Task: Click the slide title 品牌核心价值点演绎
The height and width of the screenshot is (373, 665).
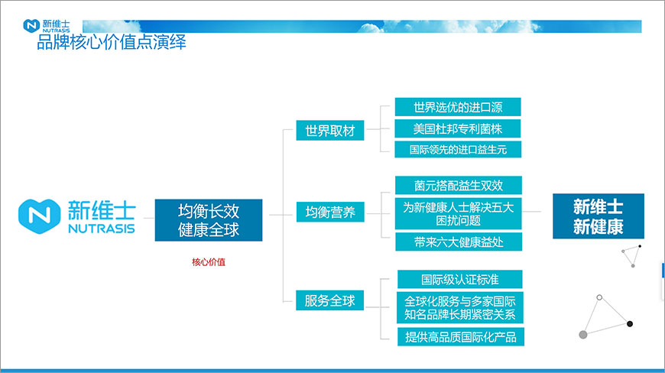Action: point(112,43)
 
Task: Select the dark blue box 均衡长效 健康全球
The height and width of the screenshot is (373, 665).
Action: point(209,220)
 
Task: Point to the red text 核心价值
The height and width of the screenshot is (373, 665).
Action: point(209,262)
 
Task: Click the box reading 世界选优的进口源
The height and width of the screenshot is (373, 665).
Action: point(457,106)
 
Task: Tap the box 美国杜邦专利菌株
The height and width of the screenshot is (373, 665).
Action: point(457,128)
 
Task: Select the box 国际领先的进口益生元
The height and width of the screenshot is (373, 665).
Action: point(457,149)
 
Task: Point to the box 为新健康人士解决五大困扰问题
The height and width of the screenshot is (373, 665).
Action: point(459,213)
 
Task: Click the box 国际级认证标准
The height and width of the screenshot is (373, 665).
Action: point(460,279)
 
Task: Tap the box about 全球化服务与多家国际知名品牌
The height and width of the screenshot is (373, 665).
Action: point(460,307)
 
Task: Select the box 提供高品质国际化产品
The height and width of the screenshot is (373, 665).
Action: point(460,336)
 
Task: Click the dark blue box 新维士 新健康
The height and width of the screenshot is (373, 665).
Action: point(598,216)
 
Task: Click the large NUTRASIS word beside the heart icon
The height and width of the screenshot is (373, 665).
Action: point(101,229)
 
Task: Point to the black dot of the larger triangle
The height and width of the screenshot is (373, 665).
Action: point(630,324)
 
